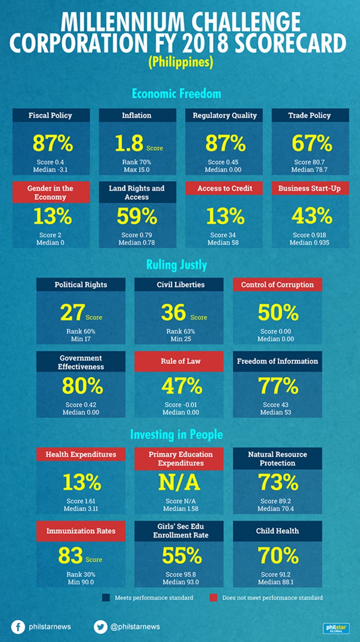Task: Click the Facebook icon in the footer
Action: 18,627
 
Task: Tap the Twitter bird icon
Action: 101,627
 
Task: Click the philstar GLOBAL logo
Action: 336,628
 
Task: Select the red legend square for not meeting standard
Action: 214,598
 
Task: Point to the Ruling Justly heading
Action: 180,264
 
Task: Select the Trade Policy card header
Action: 310,115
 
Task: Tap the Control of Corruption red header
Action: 277,285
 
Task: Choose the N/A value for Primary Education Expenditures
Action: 179,483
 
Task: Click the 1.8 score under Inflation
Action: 129,143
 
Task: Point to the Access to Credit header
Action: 225,189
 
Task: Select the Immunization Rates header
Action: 81,531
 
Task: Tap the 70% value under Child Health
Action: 277,556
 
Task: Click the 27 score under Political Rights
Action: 72,312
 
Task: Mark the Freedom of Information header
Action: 277,361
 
